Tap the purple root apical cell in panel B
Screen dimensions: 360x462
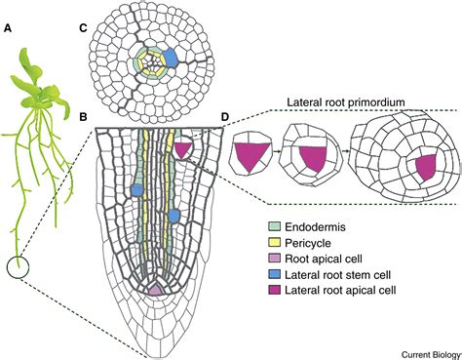click(156, 290)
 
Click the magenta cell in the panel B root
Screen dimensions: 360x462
click(182, 148)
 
